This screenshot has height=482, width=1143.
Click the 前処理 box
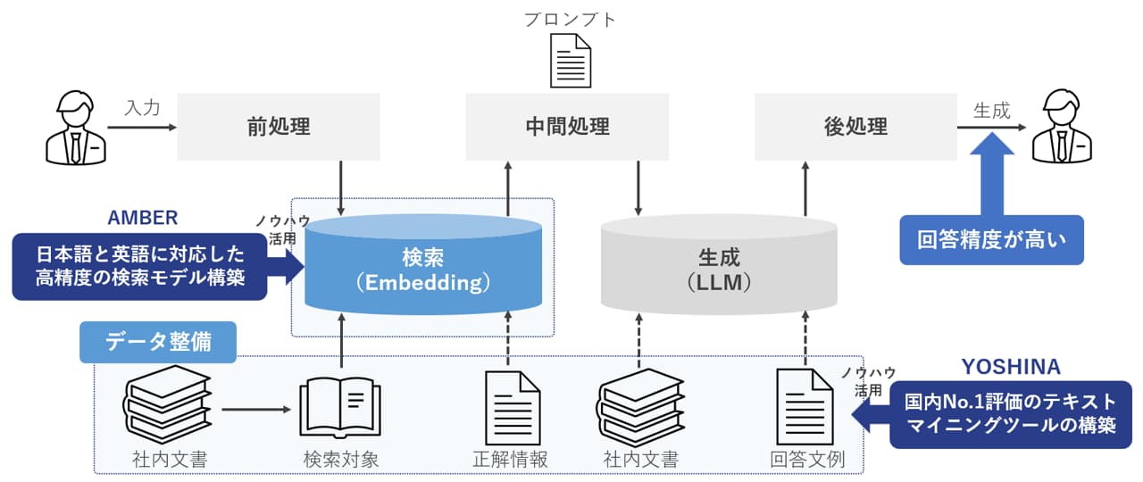pos(279,126)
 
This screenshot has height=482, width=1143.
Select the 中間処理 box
pos(568,126)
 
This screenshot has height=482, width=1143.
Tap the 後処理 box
pos(855,126)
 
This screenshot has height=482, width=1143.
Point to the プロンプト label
pos(571,19)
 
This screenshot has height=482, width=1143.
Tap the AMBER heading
pos(143,218)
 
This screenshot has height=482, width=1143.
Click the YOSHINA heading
pos(1011,367)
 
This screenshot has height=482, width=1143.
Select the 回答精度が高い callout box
pos(991,240)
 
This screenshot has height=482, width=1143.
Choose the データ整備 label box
pos(158,342)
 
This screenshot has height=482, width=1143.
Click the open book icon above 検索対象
pos(340,408)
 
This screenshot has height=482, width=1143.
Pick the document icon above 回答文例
pos(805,407)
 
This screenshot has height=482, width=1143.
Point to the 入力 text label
pos(142,108)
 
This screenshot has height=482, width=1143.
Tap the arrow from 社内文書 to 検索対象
pos(256,411)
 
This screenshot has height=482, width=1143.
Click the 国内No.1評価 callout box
pos(1011,413)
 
